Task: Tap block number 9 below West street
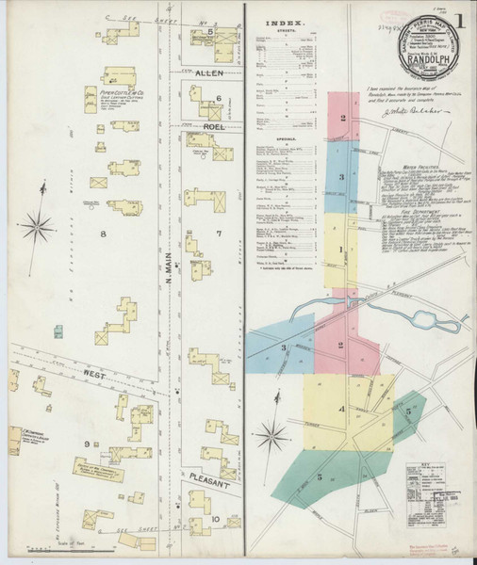[86, 444]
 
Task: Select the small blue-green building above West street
[58, 331]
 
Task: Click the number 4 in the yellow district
[343, 409]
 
